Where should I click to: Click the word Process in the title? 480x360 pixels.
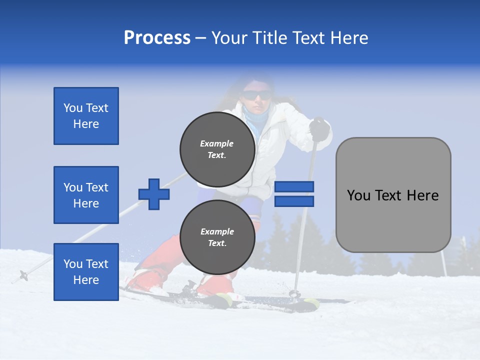[x=157, y=38]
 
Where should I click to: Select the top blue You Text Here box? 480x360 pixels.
[x=86, y=116]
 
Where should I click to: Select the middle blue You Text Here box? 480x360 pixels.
[x=86, y=195]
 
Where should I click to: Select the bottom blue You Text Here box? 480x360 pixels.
[x=86, y=271]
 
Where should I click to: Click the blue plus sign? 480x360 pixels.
[x=154, y=194]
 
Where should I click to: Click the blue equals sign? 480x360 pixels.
[x=294, y=194]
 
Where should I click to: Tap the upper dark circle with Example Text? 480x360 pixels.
[x=217, y=149]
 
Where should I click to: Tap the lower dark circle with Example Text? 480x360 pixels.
[x=217, y=237]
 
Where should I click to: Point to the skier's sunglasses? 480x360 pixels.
[x=256, y=95]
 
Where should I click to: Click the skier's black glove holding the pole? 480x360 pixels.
[x=319, y=129]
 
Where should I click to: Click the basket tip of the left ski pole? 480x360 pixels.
[x=23, y=274]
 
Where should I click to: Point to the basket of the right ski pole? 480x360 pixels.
[x=294, y=293]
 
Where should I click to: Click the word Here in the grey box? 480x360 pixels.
[x=422, y=195]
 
